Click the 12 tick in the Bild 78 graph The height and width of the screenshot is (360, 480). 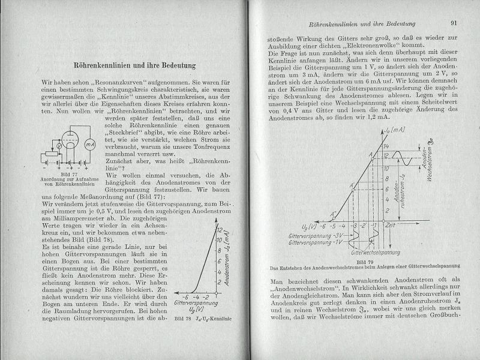(220, 230)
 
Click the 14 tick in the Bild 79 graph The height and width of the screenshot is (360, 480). (388, 146)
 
